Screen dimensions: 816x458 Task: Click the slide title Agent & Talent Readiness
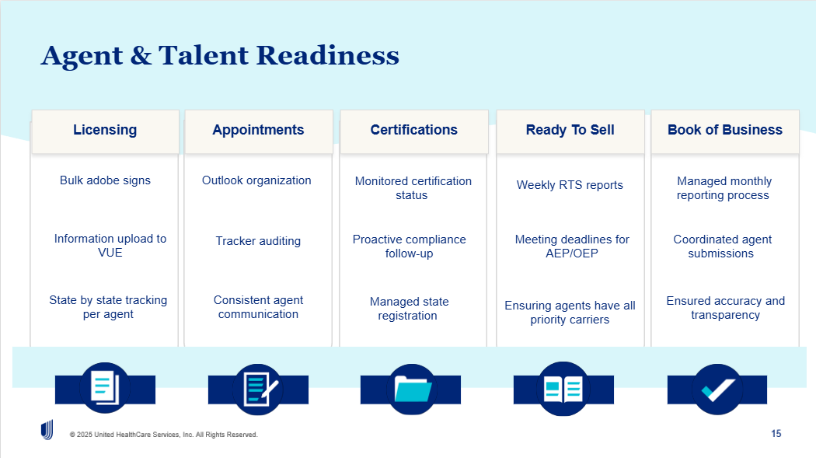(220, 56)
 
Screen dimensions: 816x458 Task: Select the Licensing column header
(105, 130)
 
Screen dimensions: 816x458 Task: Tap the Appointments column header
(258, 130)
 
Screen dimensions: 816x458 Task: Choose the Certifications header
(413, 130)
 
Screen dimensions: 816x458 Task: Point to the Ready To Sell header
(570, 130)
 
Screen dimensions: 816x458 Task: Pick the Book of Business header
(724, 130)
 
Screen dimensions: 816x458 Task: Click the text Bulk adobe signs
(105, 180)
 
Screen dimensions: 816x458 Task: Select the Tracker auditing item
(258, 241)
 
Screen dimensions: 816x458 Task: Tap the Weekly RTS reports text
(570, 185)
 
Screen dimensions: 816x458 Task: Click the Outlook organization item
(256, 180)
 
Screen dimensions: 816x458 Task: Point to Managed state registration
(409, 309)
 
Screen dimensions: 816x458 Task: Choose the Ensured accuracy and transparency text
(725, 308)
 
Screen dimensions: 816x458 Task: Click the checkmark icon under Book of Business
(717, 390)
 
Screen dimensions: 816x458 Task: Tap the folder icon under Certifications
(411, 389)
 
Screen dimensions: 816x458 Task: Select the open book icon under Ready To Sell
(563, 389)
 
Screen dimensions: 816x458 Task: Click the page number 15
(776, 434)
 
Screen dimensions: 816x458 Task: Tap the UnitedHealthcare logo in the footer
(47, 430)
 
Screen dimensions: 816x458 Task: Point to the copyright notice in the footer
(163, 435)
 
